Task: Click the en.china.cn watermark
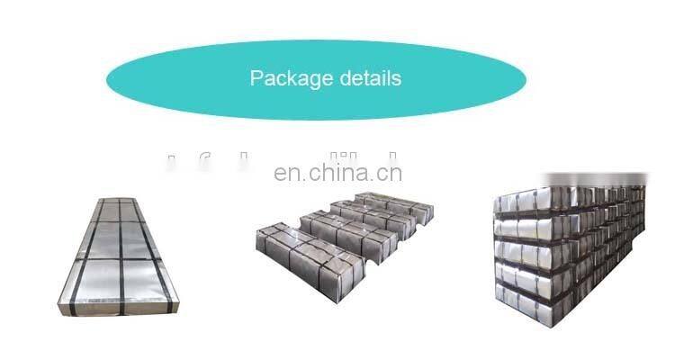coord(337,173)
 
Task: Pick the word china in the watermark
coord(336,172)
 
